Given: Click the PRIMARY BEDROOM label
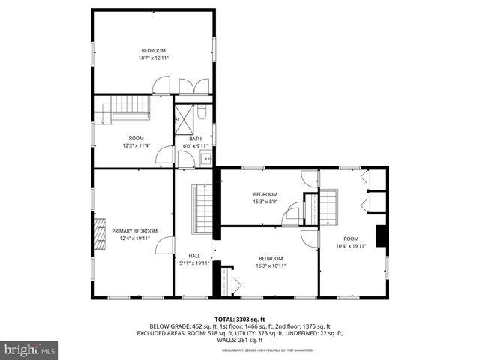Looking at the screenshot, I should [135, 231].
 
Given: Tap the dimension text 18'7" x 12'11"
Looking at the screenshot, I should [153, 58].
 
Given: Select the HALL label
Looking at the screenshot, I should [194, 256].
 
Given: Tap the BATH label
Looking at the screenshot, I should [195, 139].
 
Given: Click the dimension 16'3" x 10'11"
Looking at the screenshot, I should [270, 265].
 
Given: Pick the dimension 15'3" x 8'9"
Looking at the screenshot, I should [265, 201].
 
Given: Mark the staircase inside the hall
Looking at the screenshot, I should [202, 209].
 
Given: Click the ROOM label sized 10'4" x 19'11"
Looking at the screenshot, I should [351, 238].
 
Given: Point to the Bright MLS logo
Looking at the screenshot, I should [29, 349].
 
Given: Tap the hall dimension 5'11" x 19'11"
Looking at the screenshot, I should [194, 263].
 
